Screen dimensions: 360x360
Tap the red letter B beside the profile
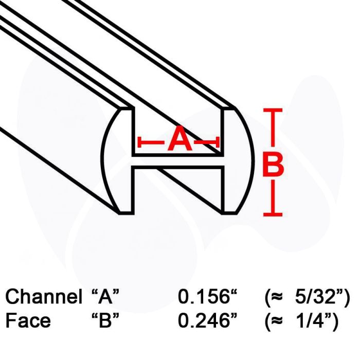[273, 165]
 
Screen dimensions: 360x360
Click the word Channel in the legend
[44, 296]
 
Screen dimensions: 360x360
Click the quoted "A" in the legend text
[105, 296]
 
